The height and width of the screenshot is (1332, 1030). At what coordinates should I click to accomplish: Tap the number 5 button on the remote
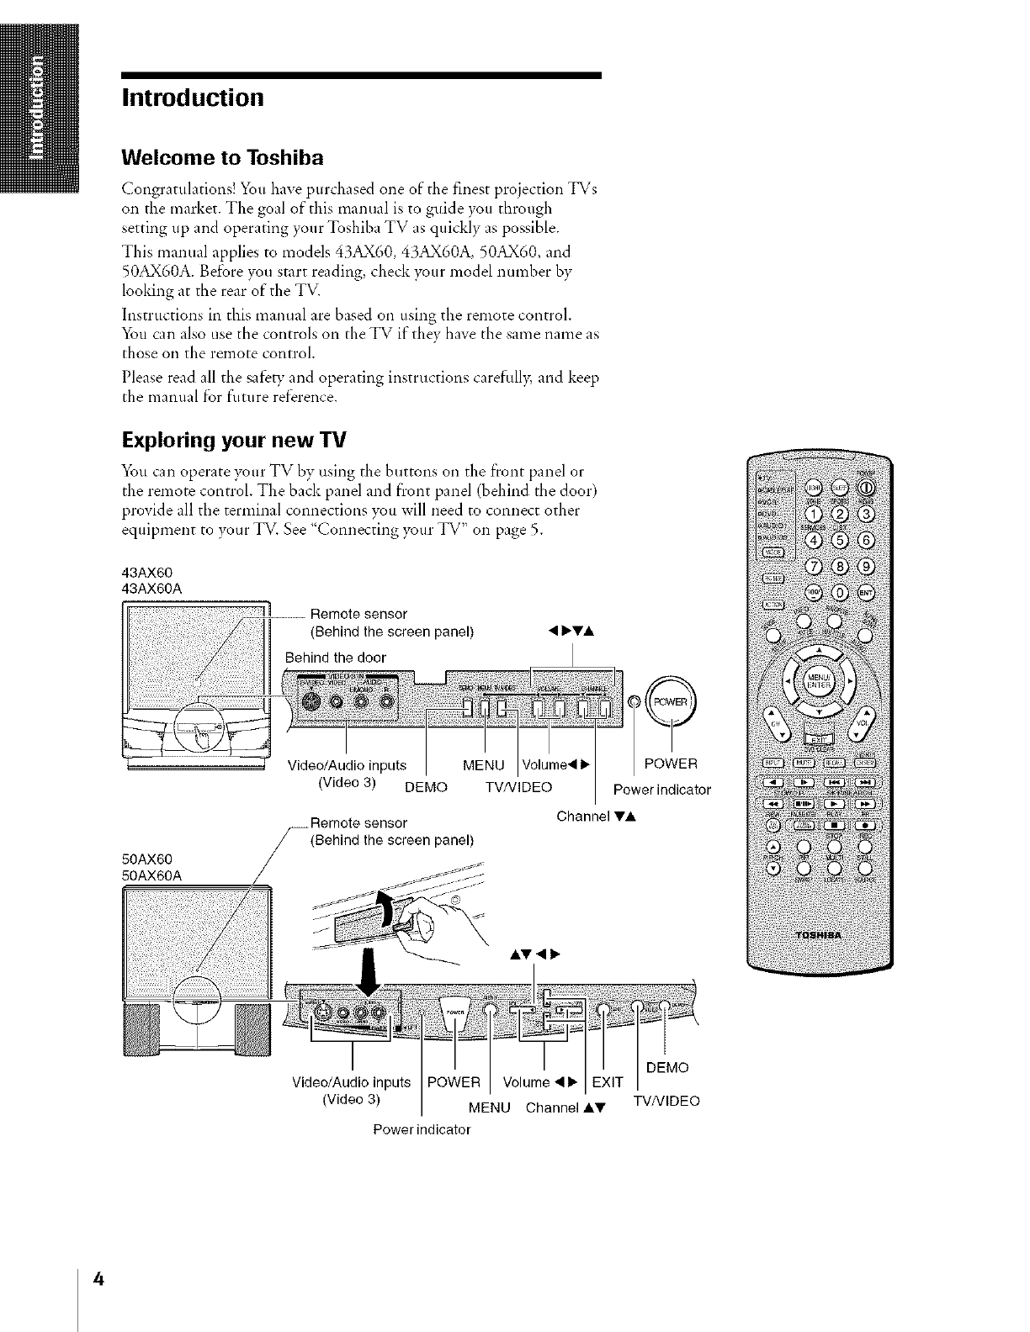point(840,539)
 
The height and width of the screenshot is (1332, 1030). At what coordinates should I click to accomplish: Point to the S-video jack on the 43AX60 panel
point(310,701)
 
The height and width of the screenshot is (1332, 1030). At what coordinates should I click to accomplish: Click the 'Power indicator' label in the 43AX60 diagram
point(662,790)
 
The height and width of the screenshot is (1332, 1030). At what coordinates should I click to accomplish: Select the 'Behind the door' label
point(335,656)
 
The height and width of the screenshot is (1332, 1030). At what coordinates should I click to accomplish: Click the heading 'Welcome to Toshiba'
point(223,158)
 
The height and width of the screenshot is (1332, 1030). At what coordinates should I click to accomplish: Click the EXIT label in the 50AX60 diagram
point(608,1081)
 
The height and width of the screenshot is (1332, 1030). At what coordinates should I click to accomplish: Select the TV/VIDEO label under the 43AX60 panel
point(518,787)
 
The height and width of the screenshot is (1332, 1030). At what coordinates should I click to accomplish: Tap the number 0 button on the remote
point(840,591)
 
